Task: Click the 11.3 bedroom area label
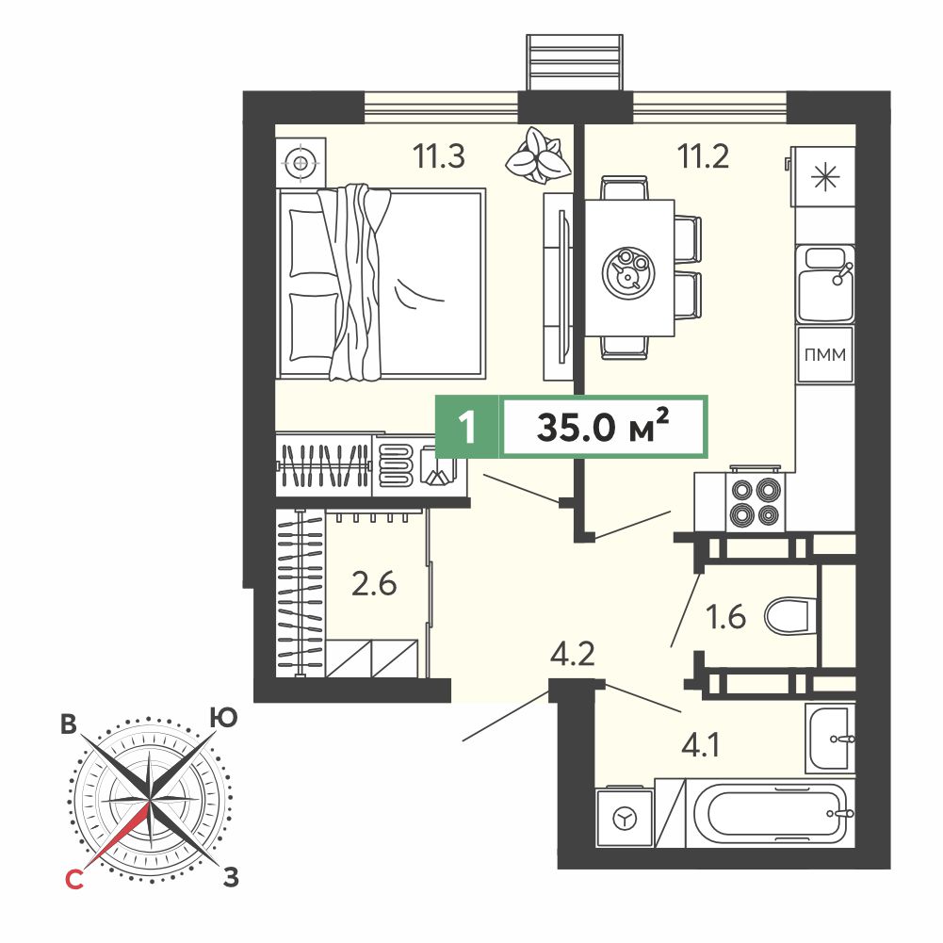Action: pos(438,156)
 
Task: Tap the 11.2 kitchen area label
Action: pos(703,156)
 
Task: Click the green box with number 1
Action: pos(466,427)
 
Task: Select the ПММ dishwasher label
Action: pos(825,355)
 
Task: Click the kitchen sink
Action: pos(825,284)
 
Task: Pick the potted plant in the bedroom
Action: pos(538,154)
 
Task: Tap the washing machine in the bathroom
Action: pos(625,818)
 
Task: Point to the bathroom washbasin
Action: pos(831,739)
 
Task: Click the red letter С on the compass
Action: pos(73,881)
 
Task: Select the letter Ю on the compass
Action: pos(223,718)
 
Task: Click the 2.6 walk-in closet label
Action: pos(374,583)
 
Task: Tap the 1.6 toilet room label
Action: pos(726,617)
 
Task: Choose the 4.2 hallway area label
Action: pos(573,653)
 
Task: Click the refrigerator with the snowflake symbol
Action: pos(823,177)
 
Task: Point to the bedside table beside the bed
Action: pos(301,162)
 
